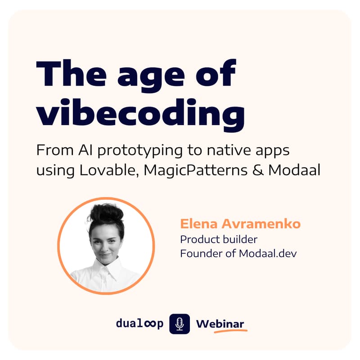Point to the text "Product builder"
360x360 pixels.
tap(219, 239)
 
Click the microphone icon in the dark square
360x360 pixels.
tap(180, 324)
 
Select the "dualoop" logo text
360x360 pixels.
tap(139, 324)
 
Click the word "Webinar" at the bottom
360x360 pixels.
tap(220, 324)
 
